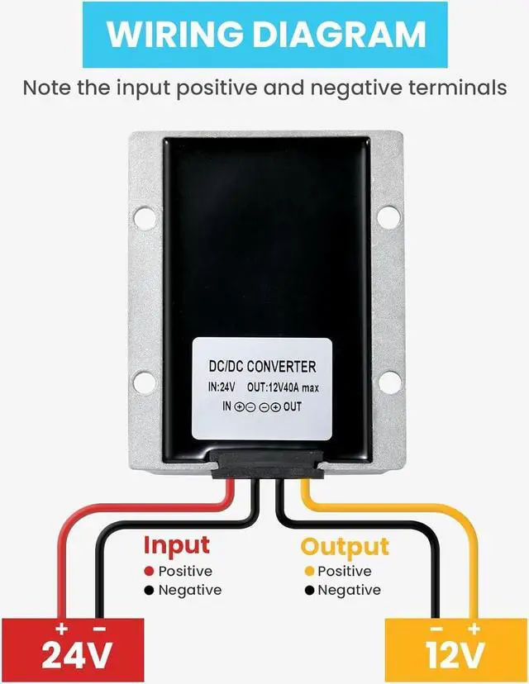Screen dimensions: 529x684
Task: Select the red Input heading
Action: click(177, 545)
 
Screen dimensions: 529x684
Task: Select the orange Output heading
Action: click(344, 546)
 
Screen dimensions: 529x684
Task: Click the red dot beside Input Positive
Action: click(149, 571)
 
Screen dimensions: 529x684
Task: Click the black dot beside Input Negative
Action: click(149, 590)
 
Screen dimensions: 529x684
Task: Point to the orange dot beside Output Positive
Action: click(309, 571)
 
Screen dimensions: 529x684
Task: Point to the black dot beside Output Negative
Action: click(309, 590)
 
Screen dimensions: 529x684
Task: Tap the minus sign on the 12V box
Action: click(437, 629)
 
